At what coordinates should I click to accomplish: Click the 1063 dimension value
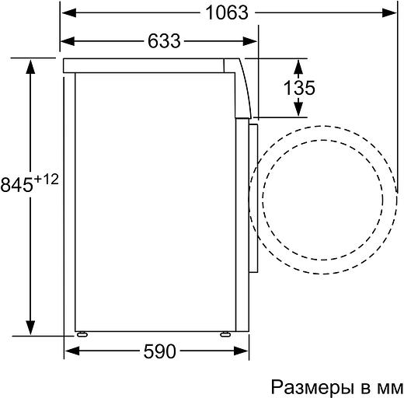[x=228, y=13]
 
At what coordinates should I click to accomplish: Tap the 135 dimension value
[x=298, y=88]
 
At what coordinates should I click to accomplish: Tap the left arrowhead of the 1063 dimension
[x=68, y=13]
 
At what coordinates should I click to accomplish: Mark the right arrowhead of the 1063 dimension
[x=386, y=13]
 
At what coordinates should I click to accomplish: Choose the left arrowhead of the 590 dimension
[x=68, y=352]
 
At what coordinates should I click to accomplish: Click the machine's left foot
[x=82, y=333]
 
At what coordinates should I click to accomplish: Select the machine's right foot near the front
[x=225, y=333]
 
